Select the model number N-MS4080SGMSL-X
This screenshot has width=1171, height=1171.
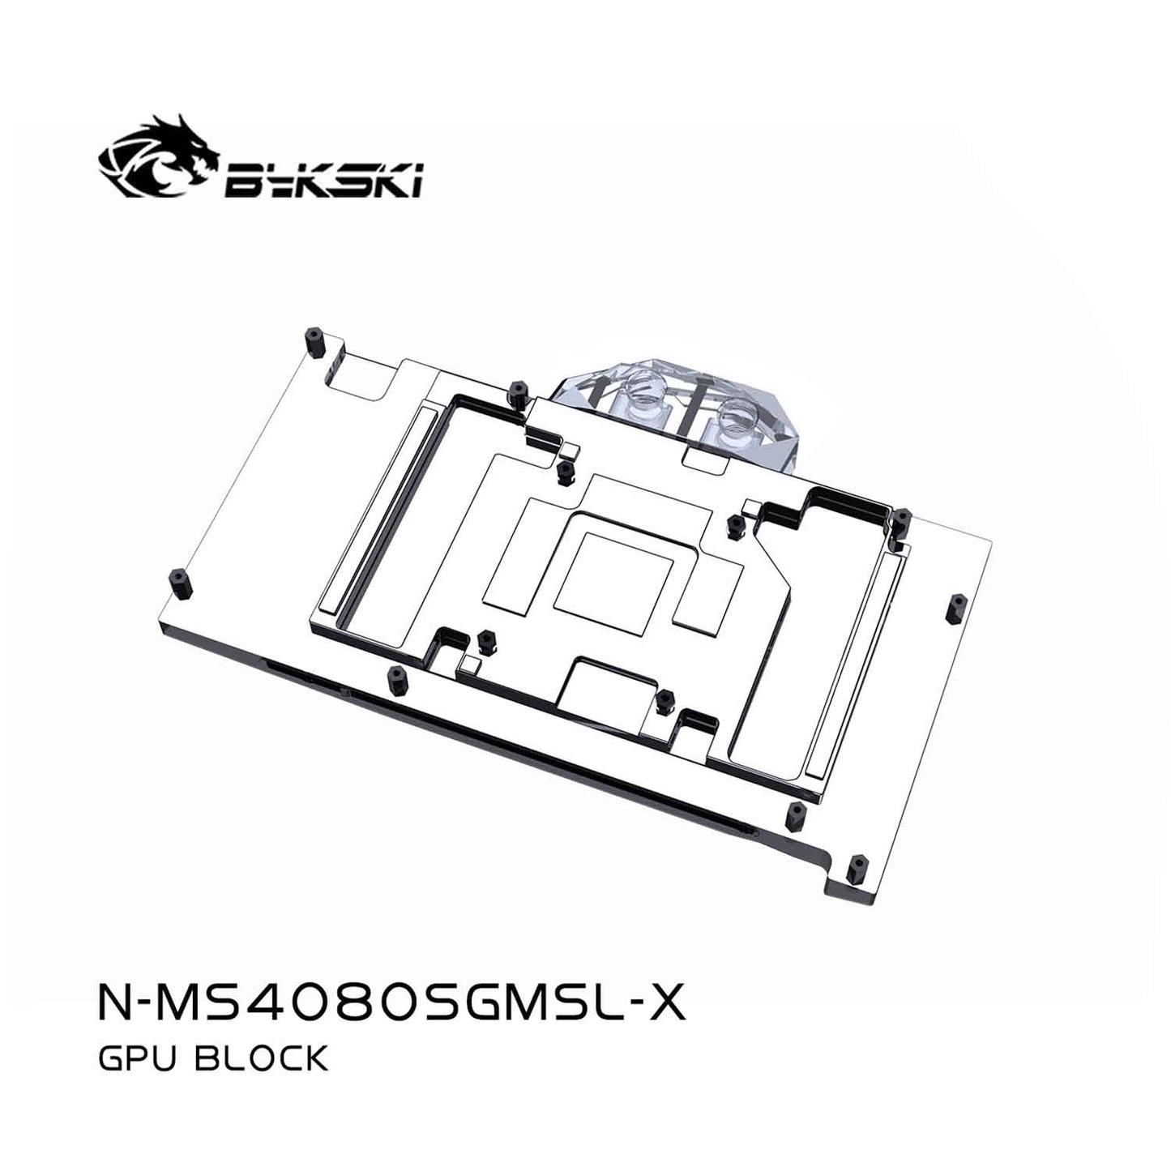(x=390, y=1006)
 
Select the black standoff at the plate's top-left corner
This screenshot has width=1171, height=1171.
(x=314, y=341)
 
